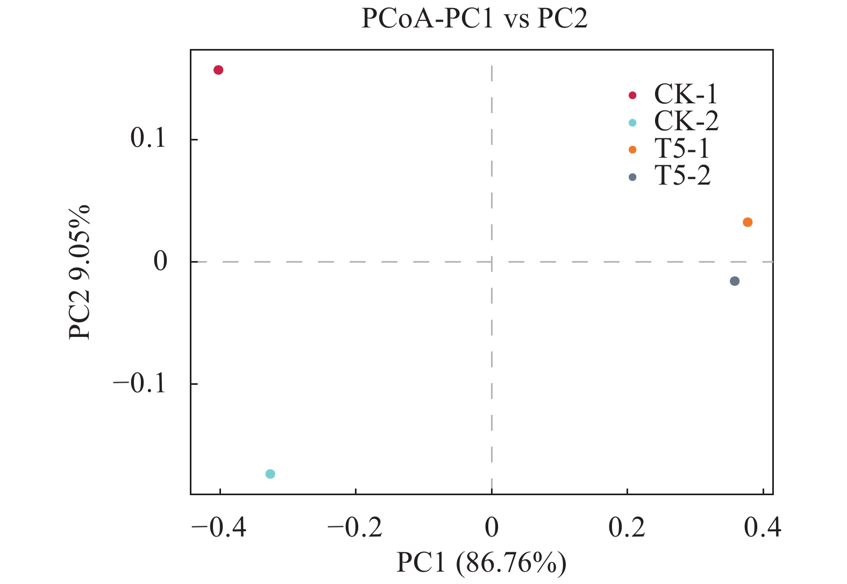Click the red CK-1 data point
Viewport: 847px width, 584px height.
click(x=218, y=70)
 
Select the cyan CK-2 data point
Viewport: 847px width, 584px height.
click(x=271, y=474)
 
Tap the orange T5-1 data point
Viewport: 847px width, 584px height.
click(x=748, y=222)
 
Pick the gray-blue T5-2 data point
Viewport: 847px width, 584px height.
click(x=735, y=281)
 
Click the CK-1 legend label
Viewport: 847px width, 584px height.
click(x=686, y=95)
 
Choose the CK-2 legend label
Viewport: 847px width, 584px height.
click(x=686, y=122)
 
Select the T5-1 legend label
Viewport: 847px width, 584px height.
click(x=682, y=149)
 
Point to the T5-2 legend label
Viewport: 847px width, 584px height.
click(x=682, y=175)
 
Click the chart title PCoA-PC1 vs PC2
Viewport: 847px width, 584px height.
click(x=474, y=19)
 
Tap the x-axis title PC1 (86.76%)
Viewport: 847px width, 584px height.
click(x=481, y=563)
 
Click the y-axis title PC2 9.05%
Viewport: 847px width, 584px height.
click(x=80, y=272)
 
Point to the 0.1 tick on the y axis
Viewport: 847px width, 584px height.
click(x=148, y=139)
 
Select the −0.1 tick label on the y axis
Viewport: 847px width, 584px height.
click(x=139, y=384)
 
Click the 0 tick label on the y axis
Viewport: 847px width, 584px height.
click(x=160, y=262)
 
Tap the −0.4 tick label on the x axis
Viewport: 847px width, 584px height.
click(x=219, y=528)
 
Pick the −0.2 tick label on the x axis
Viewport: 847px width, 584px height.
click(x=355, y=528)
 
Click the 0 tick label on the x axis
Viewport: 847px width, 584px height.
click(x=492, y=528)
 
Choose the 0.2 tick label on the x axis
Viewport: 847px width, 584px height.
click(x=627, y=528)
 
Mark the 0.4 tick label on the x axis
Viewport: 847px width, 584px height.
click(x=763, y=528)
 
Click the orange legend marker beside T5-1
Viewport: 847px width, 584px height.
click(x=632, y=150)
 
